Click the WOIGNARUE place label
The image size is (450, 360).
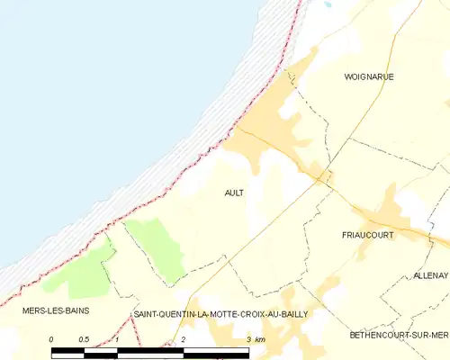[369, 77]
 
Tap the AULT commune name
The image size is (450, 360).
[234, 193]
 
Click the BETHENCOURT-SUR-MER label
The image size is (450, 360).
[398, 335]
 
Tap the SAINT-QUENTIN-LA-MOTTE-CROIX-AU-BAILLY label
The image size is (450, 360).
[220, 314]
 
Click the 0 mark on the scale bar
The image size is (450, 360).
[52, 339]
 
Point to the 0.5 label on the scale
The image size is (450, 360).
[85, 339]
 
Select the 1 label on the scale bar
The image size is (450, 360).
[118, 339]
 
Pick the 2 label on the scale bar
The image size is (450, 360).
[184, 339]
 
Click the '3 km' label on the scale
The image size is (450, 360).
[256, 339]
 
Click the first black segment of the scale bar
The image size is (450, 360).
[68, 348]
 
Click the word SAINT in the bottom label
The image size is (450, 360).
[147, 314]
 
